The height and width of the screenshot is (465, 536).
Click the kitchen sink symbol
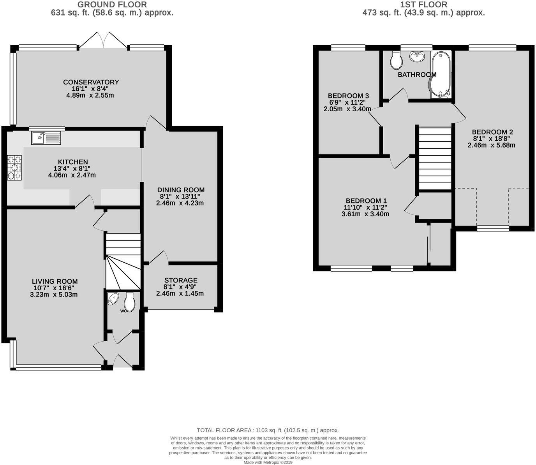point(46,138)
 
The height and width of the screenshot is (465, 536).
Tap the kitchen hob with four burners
point(14,168)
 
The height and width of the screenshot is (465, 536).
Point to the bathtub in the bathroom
point(441,74)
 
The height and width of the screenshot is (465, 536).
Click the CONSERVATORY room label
point(91,82)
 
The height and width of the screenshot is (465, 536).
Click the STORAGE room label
point(180,280)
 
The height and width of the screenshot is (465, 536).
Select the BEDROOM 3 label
point(348,96)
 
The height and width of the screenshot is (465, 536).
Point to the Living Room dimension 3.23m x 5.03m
point(54,295)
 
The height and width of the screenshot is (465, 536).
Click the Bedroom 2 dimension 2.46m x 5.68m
point(491,145)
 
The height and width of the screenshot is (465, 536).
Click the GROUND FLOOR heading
point(112,5)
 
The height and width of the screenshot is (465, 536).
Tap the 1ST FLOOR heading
point(423,5)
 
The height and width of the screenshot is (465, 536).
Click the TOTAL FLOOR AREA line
point(268,430)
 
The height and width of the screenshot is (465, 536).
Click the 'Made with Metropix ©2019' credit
point(268,462)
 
